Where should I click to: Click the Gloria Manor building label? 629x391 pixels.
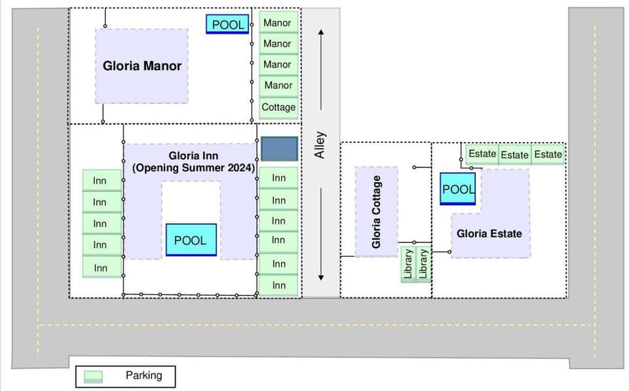point(142,65)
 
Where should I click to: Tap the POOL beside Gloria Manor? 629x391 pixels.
point(227,25)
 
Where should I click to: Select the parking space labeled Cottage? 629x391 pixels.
point(278,107)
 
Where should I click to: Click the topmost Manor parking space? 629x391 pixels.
point(277,23)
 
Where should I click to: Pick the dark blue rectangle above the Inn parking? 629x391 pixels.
point(279,149)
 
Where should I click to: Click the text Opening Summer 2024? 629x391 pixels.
point(193,168)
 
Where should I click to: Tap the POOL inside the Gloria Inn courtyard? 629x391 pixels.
point(190,240)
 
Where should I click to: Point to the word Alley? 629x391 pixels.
point(320,145)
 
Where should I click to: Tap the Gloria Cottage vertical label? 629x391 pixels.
point(376,212)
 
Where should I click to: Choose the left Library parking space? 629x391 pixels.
point(408,264)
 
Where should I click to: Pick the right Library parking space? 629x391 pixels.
point(423,264)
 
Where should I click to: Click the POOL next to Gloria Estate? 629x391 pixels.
point(457,189)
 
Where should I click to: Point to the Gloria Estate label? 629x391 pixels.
point(489,233)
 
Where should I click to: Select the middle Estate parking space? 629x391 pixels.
point(514,155)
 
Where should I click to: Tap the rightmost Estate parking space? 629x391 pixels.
point(548,155)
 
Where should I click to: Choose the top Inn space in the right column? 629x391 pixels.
point(279,178)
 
